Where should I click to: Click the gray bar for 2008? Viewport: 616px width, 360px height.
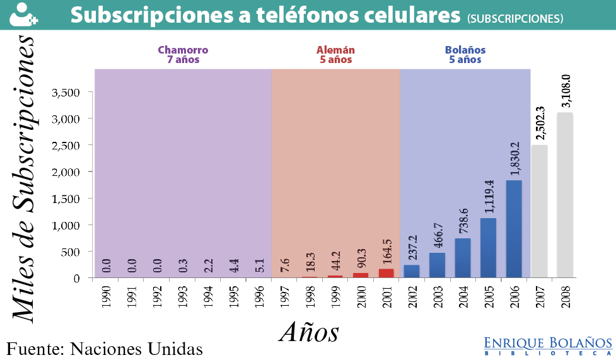[x=565, y=195]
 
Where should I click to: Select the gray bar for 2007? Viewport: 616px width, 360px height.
[x=539, y=211]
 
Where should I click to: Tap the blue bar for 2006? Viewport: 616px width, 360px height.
[x=514, y=229]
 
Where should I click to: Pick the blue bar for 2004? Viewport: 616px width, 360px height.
[x=463, y=257]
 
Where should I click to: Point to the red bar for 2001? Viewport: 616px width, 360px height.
[x=386, y=273]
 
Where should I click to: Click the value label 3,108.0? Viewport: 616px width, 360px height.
[x=566, y=92]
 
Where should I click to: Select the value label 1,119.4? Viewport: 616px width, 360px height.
[x=489, y=197]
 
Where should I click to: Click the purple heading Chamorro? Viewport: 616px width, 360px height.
[x=183, y=50]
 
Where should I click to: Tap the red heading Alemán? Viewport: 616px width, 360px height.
[x=335, y=50]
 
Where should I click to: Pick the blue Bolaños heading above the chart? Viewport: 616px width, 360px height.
[x=465, y=50]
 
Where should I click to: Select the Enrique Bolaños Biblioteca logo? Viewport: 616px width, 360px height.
[x=547, y=345]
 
